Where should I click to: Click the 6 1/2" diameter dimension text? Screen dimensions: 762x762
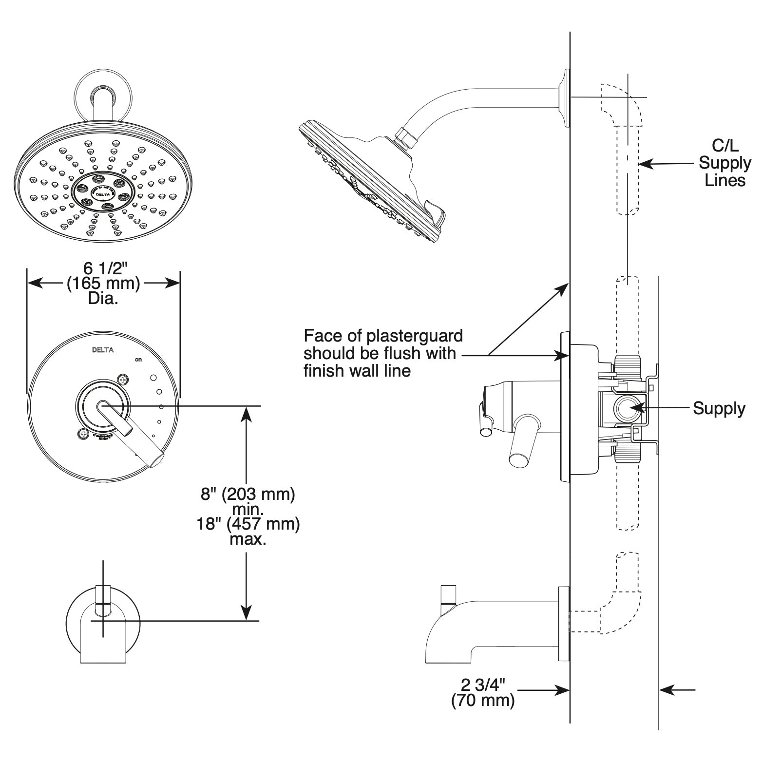click(103, 268)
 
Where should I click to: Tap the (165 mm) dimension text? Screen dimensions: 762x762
click(103, 283)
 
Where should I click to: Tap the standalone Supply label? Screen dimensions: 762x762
click(719, 408)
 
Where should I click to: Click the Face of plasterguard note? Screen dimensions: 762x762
click(383, 353)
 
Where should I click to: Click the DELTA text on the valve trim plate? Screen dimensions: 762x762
click(103, 350)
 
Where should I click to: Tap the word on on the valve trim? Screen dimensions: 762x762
click(138, 360)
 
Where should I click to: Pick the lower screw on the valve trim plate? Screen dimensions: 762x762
click(83, 433)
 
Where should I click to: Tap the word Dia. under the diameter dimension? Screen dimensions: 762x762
click(103, 298)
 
